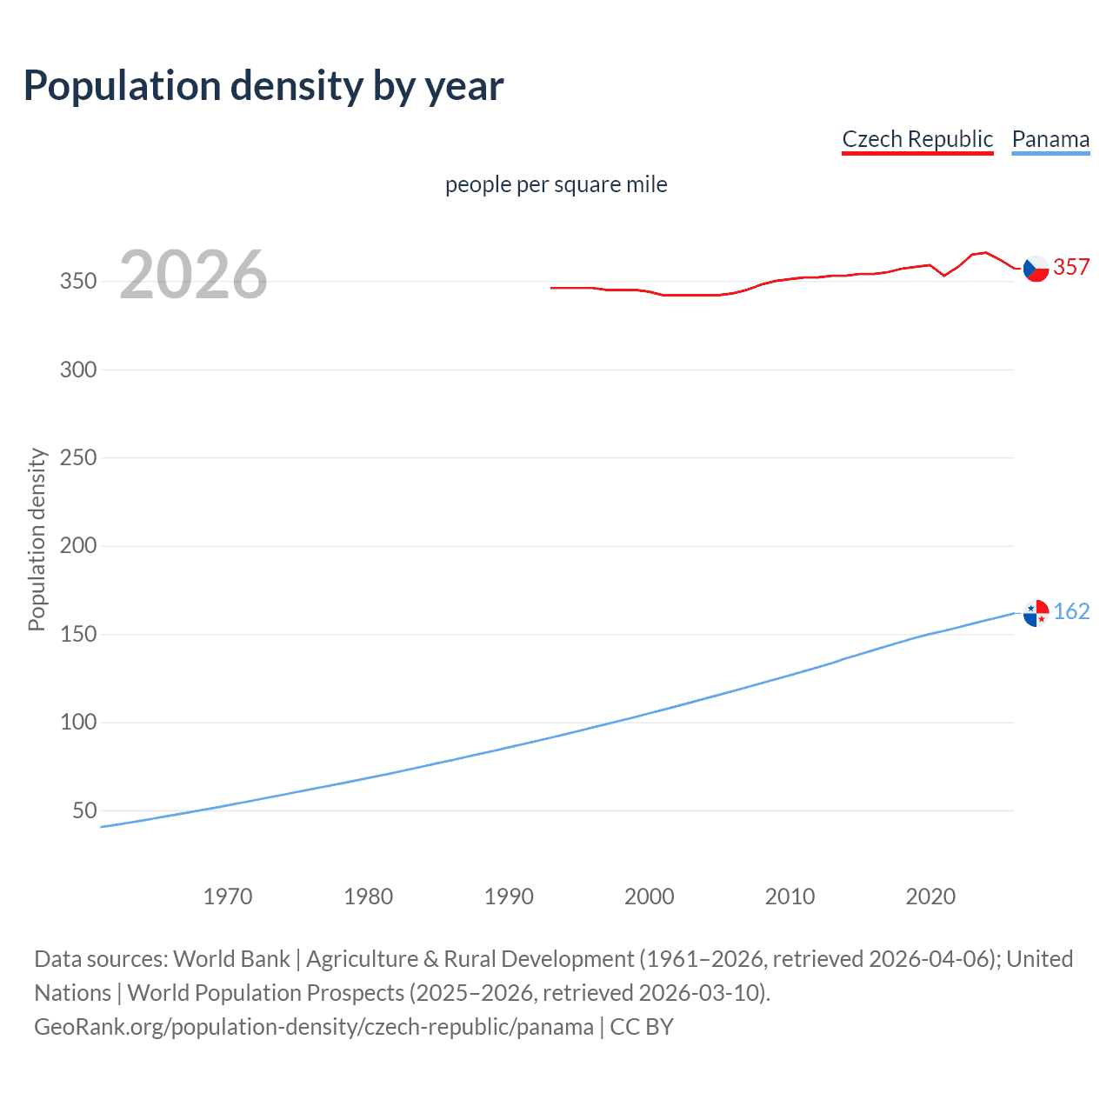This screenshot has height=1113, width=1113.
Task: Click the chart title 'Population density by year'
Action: [263, 86]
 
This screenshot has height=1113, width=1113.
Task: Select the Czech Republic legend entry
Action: [917, 139]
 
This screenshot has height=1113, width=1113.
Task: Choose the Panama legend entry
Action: [1050, 139]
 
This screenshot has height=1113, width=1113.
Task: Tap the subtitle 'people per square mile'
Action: [556, 184]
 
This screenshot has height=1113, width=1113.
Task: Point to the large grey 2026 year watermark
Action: [193, 275]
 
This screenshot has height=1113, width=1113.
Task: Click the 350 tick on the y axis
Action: [78, 282]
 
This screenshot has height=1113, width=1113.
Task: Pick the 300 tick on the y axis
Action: [78, 370]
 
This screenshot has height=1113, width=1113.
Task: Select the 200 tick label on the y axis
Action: [78, 546]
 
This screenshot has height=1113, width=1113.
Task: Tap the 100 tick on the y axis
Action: [78, 723]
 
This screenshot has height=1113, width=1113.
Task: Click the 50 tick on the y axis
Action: [84, 810]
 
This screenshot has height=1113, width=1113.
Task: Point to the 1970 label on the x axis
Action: [228, 896]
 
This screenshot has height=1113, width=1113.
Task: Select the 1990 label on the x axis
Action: [509, 896]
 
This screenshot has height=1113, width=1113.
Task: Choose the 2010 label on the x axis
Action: [790, 896]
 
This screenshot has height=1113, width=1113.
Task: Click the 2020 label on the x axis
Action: [930, 896]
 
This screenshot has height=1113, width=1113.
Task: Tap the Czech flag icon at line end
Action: [1036, 269]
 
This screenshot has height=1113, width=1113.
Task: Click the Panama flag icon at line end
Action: [1036, 613]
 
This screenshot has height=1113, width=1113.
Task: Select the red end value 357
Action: [1071, 267]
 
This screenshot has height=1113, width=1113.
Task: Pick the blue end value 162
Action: [1071, 611]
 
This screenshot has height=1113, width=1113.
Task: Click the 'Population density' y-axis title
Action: [37, 539]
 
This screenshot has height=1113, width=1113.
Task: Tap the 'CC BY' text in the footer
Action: [642, 1027]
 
